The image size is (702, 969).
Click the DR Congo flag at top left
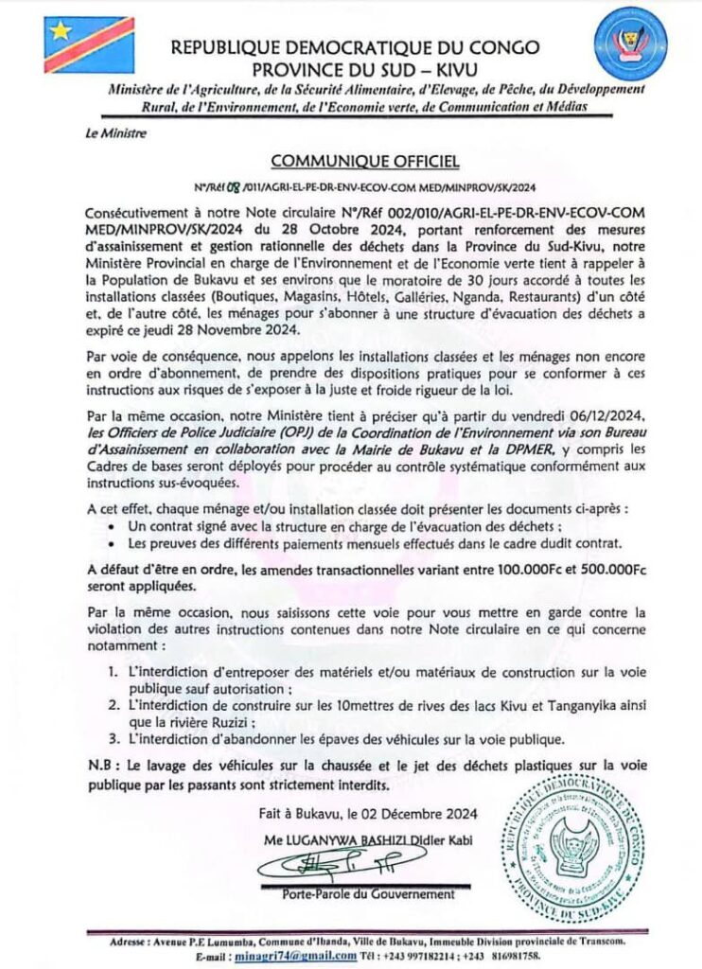pyautogui.click(x=89, y=44)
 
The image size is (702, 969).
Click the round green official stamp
pyautogui.click(x=573, y=847)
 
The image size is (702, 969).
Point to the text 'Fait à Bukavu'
pyautogui.click(x=303, y=814)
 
